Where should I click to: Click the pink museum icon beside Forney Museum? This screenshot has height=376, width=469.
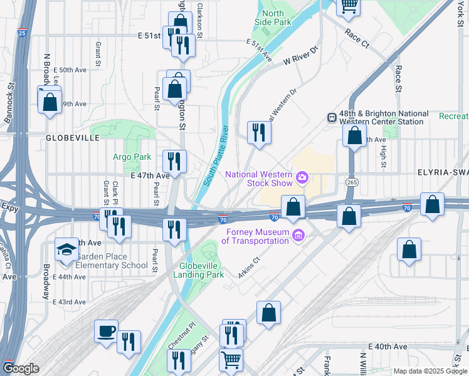[298, 236]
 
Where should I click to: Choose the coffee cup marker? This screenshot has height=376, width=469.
[106, 330]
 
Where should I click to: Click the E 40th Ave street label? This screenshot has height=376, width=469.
[388, 347]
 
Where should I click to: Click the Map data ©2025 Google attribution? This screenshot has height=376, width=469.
[430, 371]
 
